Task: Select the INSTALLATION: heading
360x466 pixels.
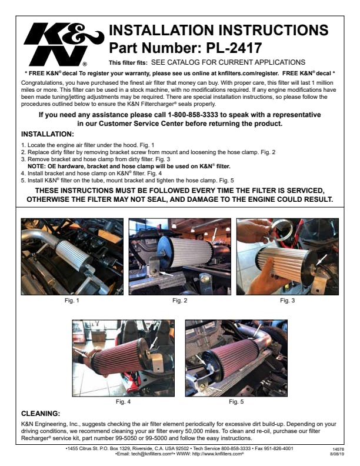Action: point(48,134)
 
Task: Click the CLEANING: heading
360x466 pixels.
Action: point(41,414)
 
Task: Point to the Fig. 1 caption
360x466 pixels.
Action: point(72,301)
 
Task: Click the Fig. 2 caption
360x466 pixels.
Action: point(179,301)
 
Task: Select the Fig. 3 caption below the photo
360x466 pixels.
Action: point(287,301)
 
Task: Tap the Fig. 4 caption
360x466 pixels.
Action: point(123,401)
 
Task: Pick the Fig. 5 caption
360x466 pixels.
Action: point(236,401)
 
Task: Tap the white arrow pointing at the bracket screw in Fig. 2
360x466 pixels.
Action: point(166,274)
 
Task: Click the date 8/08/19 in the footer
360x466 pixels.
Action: point(337,454)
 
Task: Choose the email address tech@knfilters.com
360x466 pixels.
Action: point(152,454)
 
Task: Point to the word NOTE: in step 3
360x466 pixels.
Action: point(36,167)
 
